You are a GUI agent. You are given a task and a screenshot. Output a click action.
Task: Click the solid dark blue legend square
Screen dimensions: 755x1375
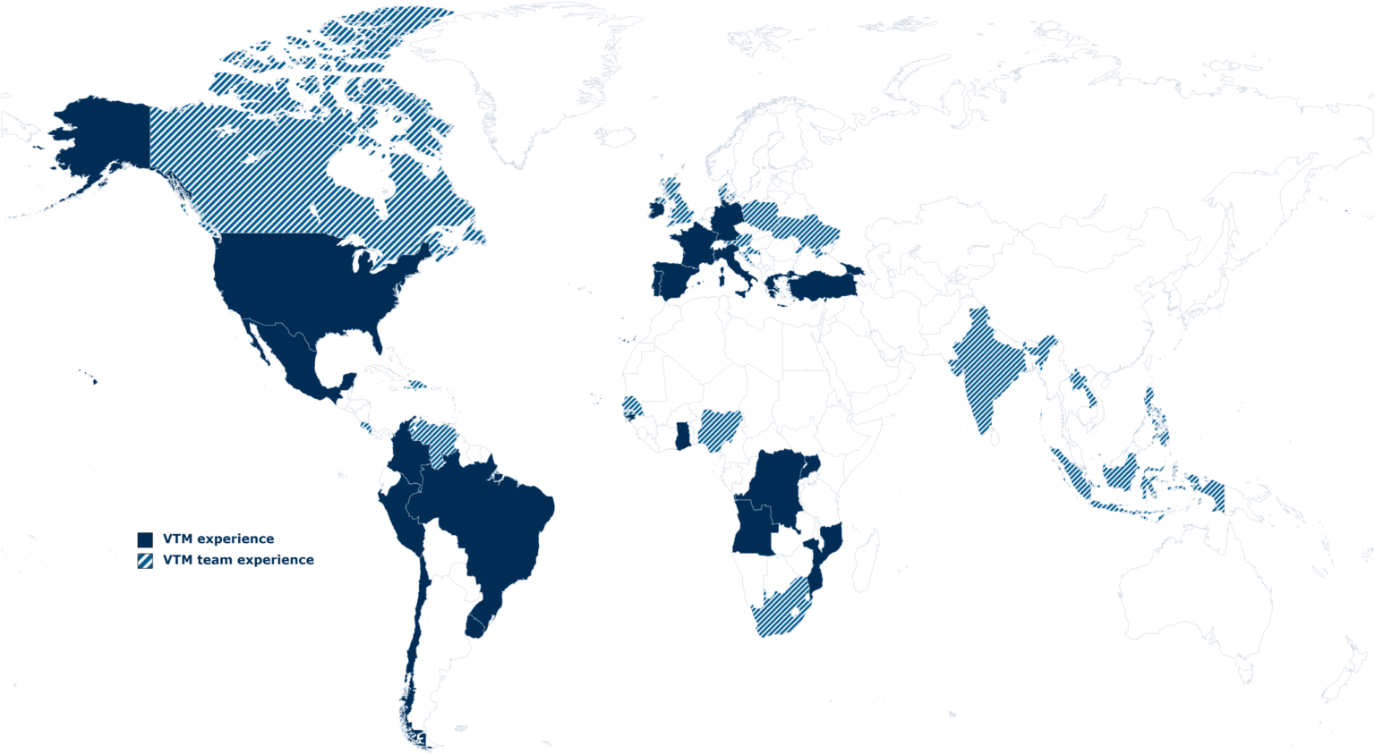(145, 539)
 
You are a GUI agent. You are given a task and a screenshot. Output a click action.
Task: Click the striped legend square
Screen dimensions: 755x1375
(145, 561)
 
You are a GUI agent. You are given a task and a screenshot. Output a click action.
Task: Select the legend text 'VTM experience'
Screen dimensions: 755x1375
(218, 539)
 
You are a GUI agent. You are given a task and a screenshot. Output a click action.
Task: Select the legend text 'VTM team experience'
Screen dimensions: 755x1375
(237, 560)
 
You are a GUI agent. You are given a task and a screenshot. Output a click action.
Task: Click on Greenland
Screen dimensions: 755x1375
(528, 81)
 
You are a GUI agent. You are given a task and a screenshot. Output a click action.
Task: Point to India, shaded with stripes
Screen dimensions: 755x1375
(985, 367)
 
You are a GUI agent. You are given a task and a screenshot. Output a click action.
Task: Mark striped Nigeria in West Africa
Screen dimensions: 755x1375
(717, 428)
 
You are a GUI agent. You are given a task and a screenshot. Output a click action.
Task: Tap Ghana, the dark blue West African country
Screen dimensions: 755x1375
(683, 436)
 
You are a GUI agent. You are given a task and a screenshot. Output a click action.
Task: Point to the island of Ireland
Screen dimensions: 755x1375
(654, 208)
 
